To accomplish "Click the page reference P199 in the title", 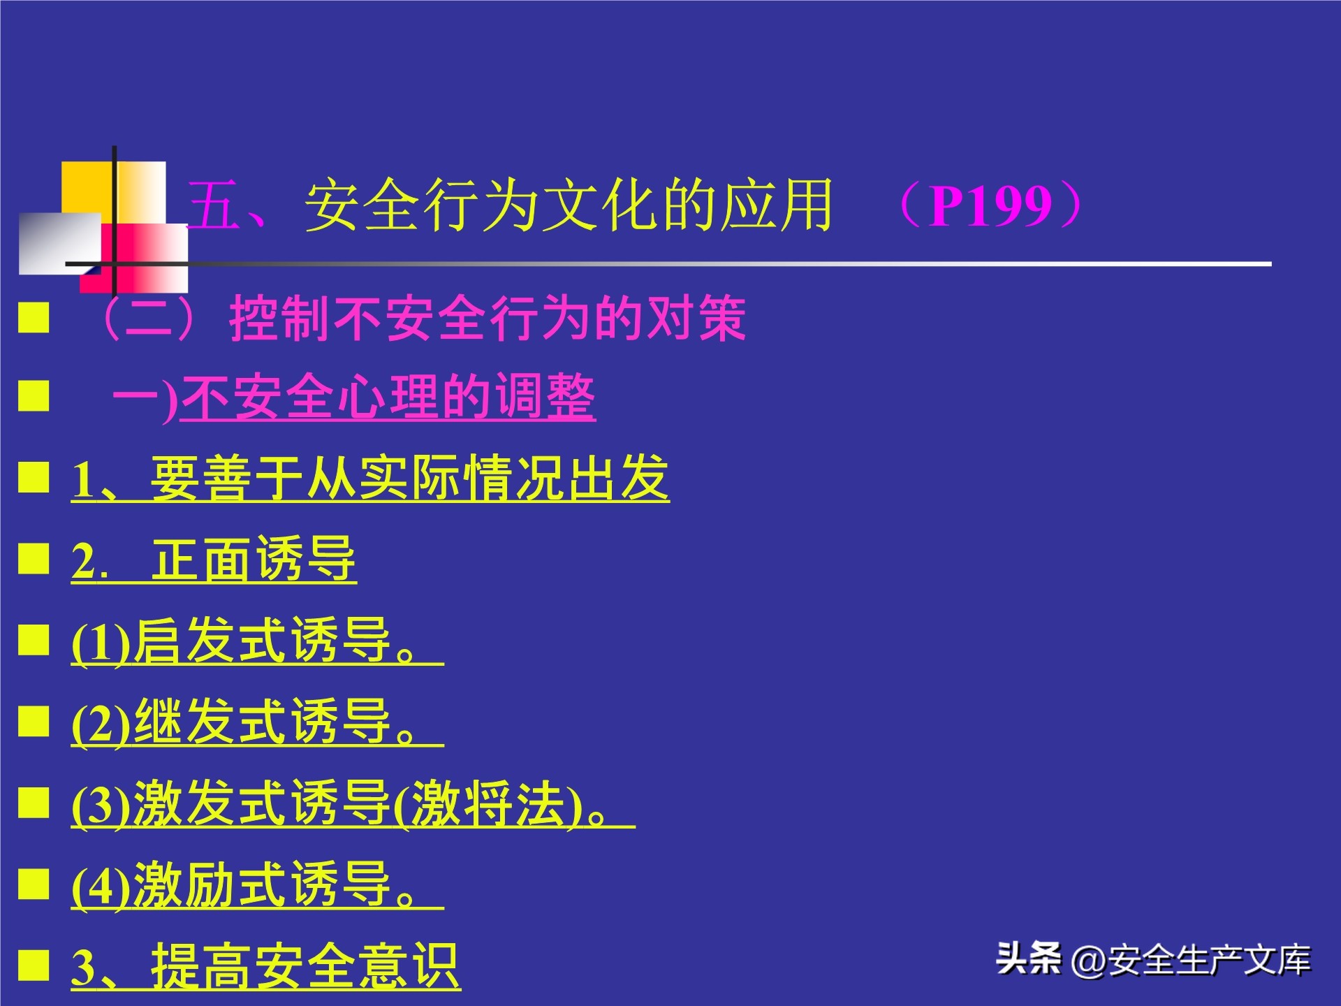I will tap(991, 206).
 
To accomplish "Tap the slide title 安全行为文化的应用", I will tap(569, 205).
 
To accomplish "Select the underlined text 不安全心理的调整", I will tap(388, 398).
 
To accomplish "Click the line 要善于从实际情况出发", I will tap(409, 479).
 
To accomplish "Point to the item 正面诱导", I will tap(253, 560).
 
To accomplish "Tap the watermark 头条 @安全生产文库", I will tap(1153, 960).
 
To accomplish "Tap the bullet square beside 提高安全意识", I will tap(34, 965).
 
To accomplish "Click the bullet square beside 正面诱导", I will tap(34, 559).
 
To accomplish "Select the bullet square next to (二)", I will tap(34, 317).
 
